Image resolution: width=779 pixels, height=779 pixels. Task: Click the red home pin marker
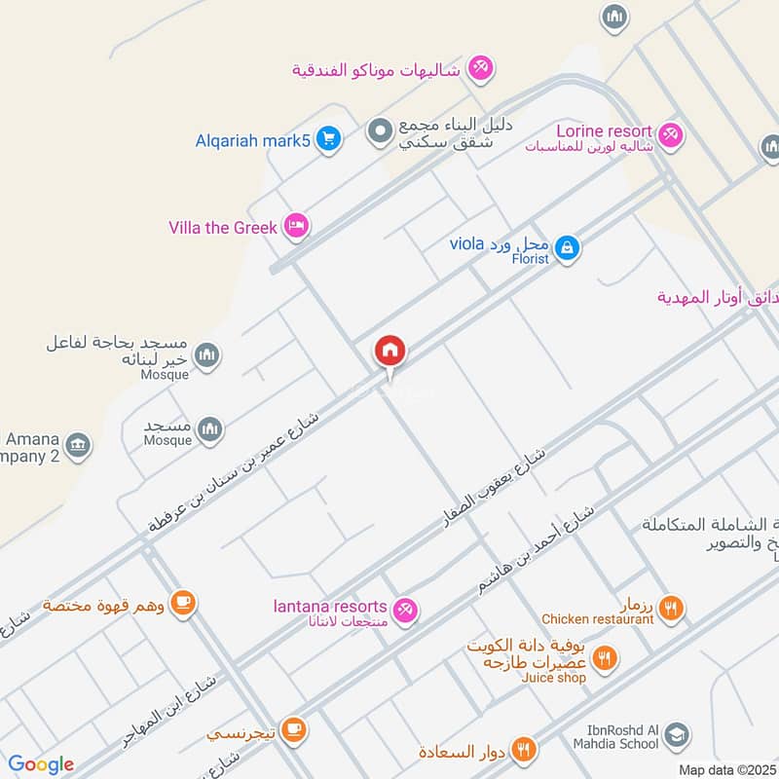(390, 352)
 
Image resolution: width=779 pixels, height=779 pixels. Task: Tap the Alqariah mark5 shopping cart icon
(329, 140)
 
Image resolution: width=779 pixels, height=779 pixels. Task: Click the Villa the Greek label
(223, 228)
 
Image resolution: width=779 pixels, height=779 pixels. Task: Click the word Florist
(534, 260)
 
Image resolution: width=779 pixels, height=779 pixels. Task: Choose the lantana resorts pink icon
(408, 610)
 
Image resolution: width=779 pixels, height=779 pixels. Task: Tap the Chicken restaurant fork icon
(670, 610)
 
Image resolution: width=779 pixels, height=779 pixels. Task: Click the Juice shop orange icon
(605, 659)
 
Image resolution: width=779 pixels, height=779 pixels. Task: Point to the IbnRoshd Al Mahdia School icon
(678, 736)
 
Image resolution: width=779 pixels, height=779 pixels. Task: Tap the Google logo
(41, 764)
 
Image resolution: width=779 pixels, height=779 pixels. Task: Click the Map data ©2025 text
(725, 769)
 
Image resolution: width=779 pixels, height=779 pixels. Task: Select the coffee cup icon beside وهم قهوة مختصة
(182, 604)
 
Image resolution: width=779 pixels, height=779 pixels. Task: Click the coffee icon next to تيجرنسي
(294, 728)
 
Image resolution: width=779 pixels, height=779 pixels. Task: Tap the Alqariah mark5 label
(252, 141)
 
